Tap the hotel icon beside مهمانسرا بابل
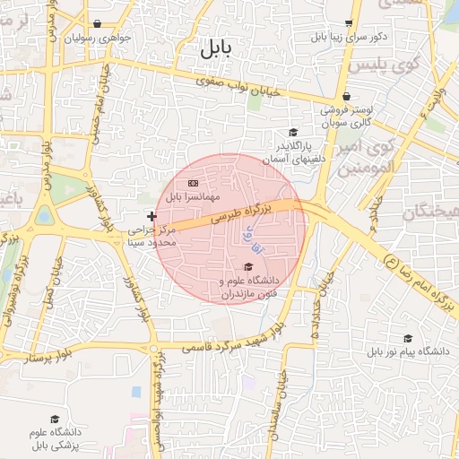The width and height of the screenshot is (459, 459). coord(192,183)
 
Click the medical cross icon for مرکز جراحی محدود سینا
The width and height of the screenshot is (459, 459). coord(152,215)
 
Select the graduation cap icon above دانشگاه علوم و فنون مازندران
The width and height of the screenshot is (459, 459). coord(248,266)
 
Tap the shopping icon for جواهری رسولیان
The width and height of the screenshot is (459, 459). coord(97,25)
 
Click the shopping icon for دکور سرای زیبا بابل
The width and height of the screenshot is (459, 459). coord(349,25)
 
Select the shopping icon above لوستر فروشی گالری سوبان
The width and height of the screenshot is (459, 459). coord(346,97)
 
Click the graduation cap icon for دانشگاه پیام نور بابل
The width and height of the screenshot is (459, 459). coord(408,338)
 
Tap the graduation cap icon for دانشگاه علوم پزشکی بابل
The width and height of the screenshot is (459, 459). coord(54,420)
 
